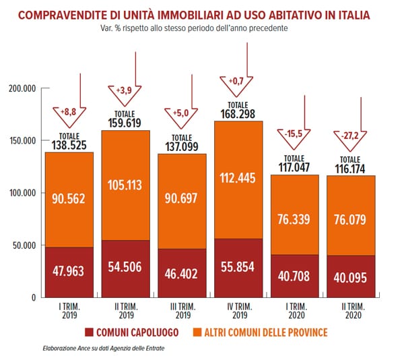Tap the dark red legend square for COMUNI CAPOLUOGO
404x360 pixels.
point(88,332)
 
